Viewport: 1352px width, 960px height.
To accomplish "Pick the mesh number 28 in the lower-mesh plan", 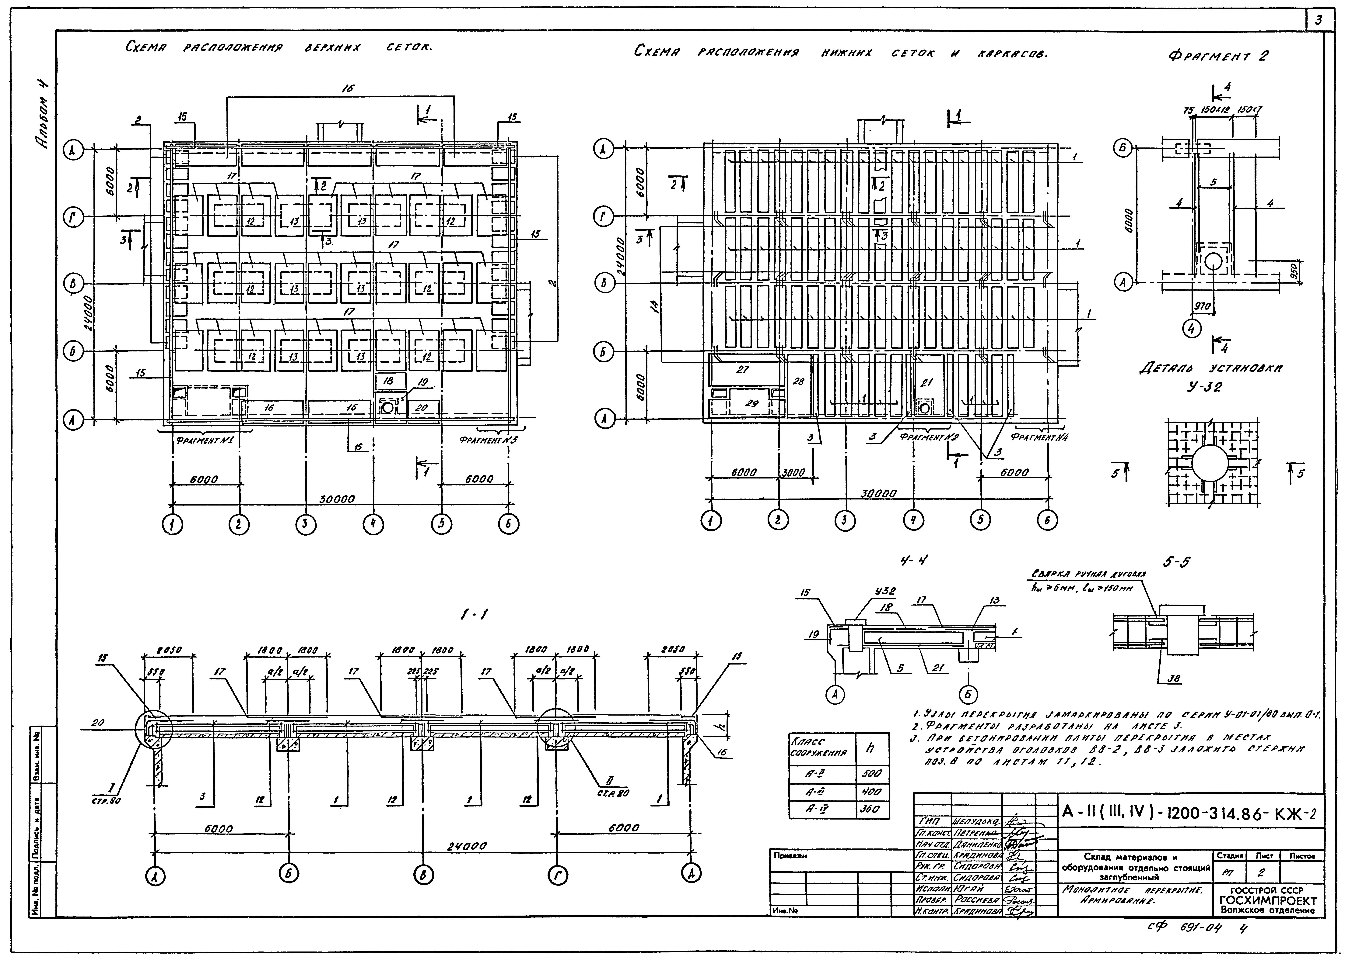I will point(798,382).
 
